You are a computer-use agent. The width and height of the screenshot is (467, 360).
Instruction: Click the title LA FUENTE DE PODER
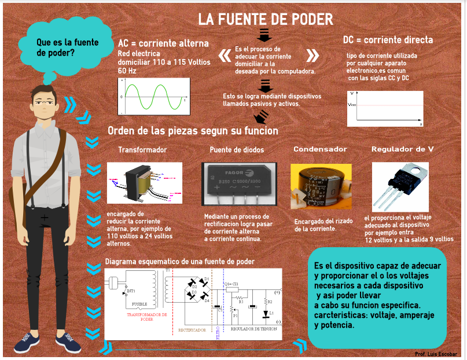click(x=266, y=19)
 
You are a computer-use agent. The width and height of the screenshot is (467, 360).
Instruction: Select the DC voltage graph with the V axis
click(x=385, y=108)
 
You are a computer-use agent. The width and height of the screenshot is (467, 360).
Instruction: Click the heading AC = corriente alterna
click(x=163, y=44)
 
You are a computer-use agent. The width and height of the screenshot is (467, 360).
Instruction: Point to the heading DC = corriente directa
click(x=388, y=40)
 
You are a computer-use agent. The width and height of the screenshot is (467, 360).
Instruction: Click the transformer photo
click(x=145, y=182)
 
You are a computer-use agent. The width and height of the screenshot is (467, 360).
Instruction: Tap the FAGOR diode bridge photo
click(x=237, y=185)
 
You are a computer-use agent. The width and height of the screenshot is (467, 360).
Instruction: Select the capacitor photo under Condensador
click(x=319, y=186)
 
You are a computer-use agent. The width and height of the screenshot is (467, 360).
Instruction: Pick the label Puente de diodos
click(x=237, y=150)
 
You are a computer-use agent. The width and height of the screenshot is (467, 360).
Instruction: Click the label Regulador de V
click(x=402, y=149)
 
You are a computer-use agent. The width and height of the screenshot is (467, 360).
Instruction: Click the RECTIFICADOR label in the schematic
click(x=192, y=330)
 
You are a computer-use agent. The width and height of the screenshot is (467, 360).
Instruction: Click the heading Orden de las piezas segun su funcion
click(x=193, y=131)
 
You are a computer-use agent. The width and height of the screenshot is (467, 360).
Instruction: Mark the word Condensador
click(x=320, y=149)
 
